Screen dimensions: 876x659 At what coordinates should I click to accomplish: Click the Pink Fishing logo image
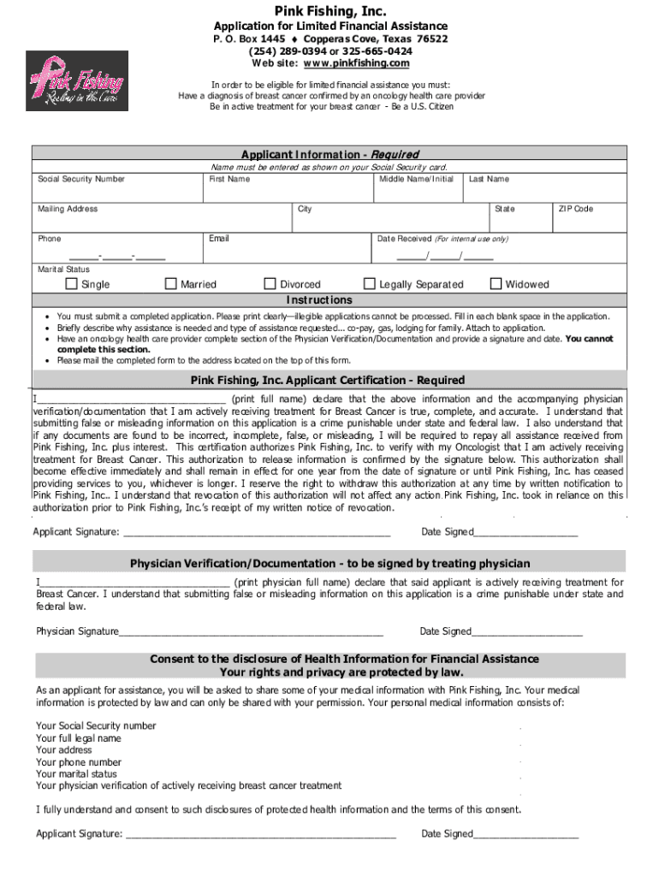click(77, 80)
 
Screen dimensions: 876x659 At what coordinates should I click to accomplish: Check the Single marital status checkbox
click(72, 284)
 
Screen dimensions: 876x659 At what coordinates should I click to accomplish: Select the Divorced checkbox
click(271, 284)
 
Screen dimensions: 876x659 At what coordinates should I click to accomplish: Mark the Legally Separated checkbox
click(370, 284)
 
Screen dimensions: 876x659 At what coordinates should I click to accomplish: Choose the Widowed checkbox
click(496, 284)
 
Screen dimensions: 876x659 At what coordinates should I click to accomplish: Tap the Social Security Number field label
click(81, 179)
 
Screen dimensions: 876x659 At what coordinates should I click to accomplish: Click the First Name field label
click(229, 179)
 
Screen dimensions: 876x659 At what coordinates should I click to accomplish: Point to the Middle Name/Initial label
click(416, 179)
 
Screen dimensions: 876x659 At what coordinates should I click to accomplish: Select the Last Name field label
click(489, 179)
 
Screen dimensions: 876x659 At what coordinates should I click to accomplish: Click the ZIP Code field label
click(576, 209)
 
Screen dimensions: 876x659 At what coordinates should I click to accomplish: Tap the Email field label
click(219, 239)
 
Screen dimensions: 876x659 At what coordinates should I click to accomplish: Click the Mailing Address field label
click(68, 209)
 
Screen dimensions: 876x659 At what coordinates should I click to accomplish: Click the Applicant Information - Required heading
click(329, 154)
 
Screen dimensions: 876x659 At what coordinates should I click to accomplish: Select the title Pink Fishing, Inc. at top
click(329, 10)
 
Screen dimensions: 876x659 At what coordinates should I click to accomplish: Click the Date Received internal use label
click(442, 239)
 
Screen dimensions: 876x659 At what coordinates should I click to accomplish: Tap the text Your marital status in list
click(76, 773)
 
